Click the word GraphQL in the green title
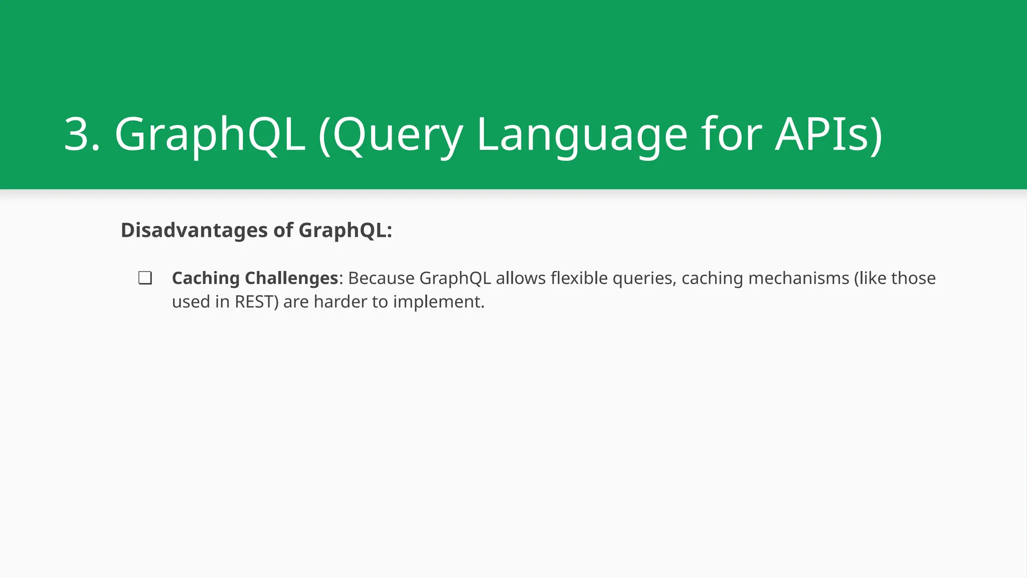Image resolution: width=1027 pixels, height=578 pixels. click(x=210, y=134)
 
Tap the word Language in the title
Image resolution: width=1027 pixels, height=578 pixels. click(x=582, y=134)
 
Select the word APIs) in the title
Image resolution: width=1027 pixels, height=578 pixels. click(x=828, y=134)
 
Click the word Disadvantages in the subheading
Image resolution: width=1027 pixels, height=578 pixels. click(x=194, y=230)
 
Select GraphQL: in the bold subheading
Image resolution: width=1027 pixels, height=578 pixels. click(x=345, y=230)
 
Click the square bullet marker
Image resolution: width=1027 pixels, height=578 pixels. click(x=145, y=278)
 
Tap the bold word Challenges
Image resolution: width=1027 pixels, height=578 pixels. click(x=291, y=278)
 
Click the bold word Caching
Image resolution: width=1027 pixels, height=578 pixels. click(x=206, y=278)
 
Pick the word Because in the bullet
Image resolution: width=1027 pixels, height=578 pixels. click(x=381, y=278)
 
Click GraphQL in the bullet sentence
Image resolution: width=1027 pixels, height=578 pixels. click(x=455, y=278)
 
